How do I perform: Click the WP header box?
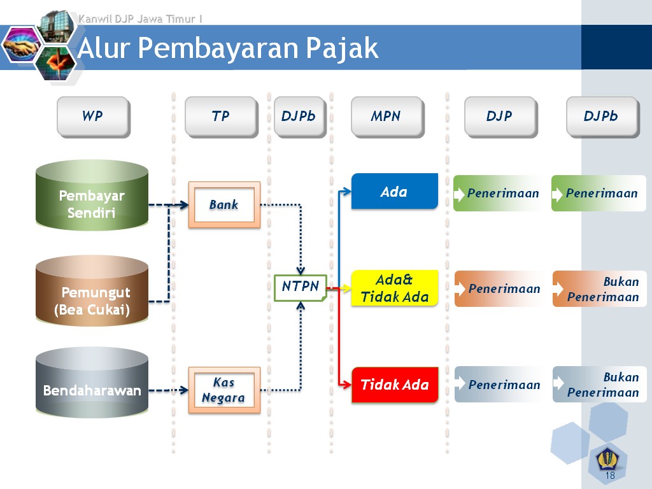coord(93,117)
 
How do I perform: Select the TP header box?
coord(220,117)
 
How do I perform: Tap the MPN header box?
coord(386,117)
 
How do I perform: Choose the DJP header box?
coord(500,117)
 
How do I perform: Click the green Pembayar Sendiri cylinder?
coord(92,195)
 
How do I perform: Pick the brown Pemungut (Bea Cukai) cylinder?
coord(92,292)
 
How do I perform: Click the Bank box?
coord(224,204)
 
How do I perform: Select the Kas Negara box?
coord(224,390)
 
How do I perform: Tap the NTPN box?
coord(301,287)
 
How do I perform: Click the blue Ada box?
coord(395,191)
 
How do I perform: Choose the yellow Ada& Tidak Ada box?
coord(395,288)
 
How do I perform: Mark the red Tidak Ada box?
coord(395,385)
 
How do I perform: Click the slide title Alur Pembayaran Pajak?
coord(228,48)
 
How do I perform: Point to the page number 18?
coord(610,476)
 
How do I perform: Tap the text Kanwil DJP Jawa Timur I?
coord(140,19)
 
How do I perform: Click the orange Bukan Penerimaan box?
coord(599,289)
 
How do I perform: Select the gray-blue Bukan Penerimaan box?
coord(599,385)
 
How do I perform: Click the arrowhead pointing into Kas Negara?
coord(184,390)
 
